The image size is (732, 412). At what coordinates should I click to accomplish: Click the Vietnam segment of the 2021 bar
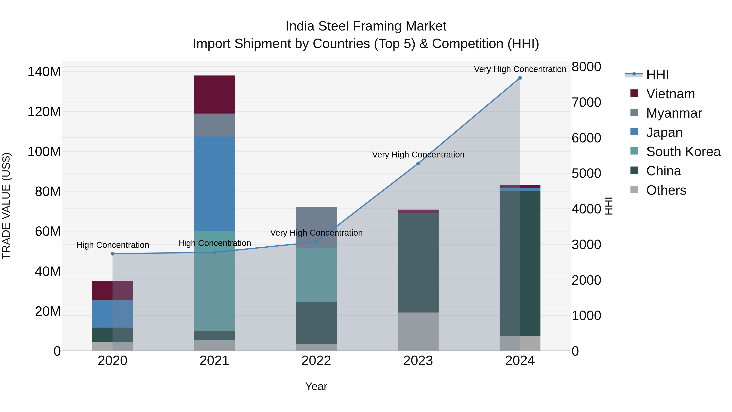coord(214,94)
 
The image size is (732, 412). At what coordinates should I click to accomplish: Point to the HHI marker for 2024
coord(520,78)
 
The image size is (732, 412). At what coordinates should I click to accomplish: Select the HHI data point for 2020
coord(112,254)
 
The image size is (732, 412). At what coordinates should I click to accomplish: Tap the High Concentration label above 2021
coord(214,243)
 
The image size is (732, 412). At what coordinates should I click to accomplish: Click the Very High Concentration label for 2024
coord(520,69)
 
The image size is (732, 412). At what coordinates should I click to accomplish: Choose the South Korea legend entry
coord(683,152)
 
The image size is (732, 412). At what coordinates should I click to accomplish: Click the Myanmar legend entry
coord(674,113)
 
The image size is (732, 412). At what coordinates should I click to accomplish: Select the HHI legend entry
coord(657,74)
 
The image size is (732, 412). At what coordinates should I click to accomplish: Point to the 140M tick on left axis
coord(44,72)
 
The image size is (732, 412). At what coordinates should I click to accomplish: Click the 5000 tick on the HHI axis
coord(586,173)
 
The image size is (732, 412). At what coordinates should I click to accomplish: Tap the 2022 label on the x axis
coord(316,361)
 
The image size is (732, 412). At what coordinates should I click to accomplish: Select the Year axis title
coord(316,386)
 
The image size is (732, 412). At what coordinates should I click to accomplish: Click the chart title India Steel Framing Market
coord(366,26)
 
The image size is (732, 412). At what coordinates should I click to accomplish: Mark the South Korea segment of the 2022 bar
coord(316,275)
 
